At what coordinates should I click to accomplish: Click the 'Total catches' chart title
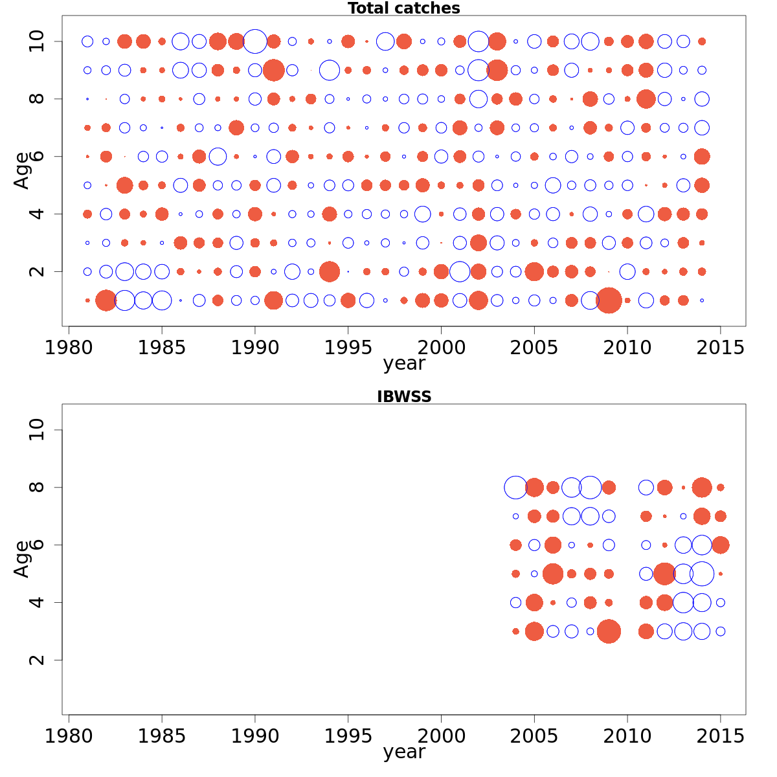tap(403, 8)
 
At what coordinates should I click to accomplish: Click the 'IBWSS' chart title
tap(403, 397)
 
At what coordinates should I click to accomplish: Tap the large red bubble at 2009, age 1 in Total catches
tap(609, 300)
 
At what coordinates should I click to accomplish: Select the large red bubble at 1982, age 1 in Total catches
tap(106, 300)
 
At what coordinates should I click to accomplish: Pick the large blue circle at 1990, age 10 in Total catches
tap(255, 41)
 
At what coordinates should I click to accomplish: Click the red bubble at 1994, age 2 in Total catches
tap(330, 271)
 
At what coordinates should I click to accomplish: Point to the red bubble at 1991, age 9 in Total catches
tap(273, 70)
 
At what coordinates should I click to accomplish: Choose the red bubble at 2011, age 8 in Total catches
tap(646, 99)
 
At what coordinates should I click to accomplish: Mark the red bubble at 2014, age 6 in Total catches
tap(702, 156)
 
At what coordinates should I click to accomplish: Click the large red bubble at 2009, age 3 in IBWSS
tap(609, 631)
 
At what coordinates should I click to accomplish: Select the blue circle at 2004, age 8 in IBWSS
tap(515, 488)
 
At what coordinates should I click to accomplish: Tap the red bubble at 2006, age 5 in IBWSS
tap(553, 574)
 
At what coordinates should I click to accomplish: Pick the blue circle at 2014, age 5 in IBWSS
tap(702, 574)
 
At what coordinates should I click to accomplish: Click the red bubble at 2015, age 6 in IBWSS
tap(721, 545)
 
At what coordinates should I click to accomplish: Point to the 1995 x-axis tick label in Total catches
tap(348, 348)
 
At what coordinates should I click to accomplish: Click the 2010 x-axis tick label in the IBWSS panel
tap(627, 736)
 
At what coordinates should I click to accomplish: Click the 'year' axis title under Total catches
tap(403, 363)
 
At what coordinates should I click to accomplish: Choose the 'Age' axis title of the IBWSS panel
tap(22, 559)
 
